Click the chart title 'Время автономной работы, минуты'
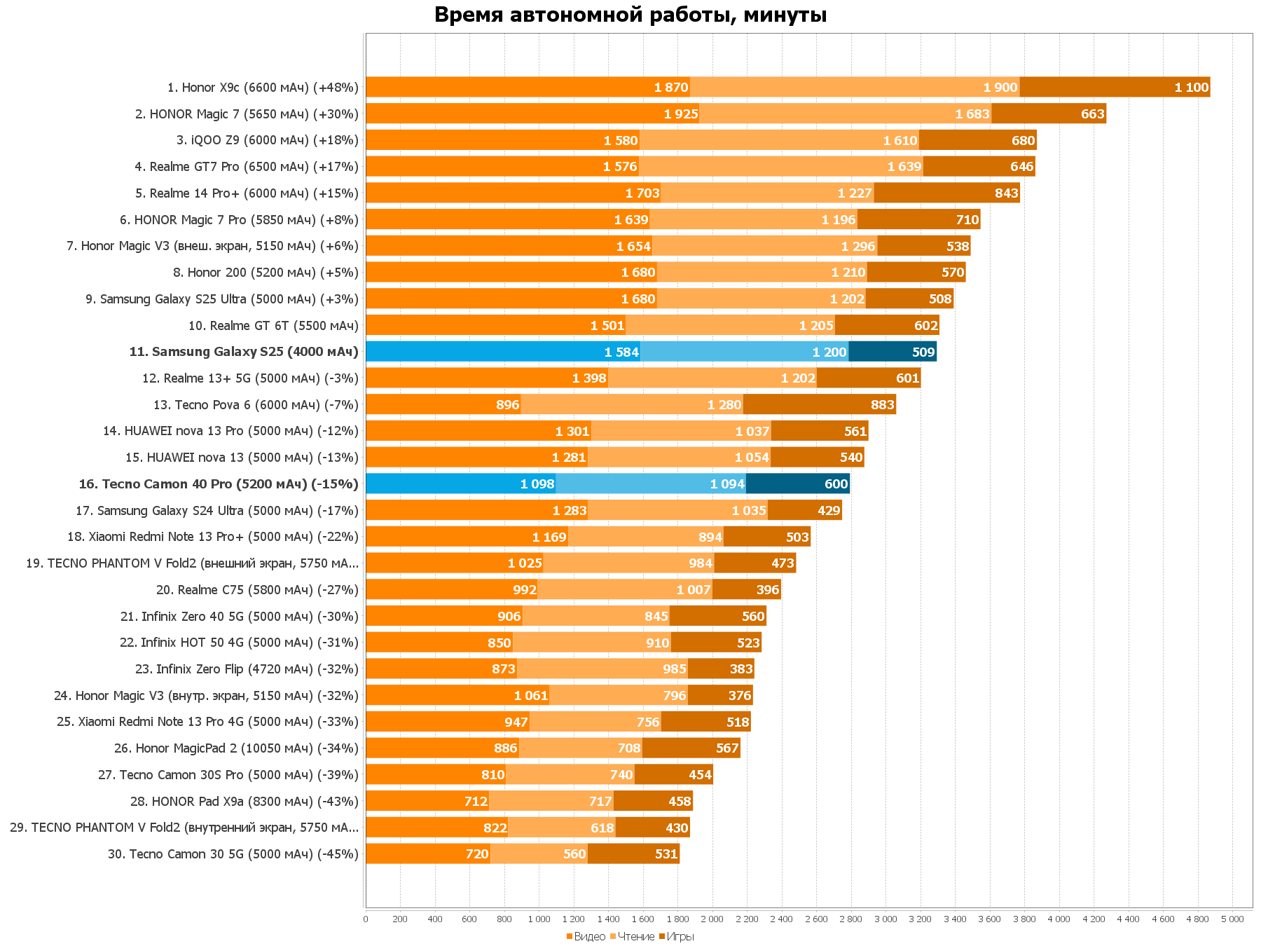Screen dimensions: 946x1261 click(x=630, y=15)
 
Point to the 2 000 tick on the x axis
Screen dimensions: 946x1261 click(x=712, y=919)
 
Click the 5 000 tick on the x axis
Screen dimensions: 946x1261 click(x=1232, y=919)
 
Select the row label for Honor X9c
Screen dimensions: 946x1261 click(x=263, y=88)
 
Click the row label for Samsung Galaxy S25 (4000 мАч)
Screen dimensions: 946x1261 click(x=244, y=352)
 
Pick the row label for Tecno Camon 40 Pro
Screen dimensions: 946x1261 click(x=219, y=484)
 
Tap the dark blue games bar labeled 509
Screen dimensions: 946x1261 click(x=893, y=352)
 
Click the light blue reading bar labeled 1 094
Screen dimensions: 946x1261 click(x=651, y=484)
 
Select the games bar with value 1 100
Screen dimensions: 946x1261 click(x=1115, y=88)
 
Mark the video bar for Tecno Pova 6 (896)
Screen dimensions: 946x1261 click(x=443, y=405)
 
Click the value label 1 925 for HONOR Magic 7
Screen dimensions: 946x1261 click(x=681, y=114)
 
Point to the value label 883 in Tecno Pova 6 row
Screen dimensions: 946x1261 click(x=882, y=405)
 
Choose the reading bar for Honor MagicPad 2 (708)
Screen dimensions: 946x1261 click(x=581, y=748)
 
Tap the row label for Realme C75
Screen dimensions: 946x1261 click(x=257, y=590)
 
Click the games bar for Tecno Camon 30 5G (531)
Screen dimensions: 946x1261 click(x=633, y=854)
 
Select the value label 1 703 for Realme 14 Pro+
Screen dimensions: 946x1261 click(x=642, y=193)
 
